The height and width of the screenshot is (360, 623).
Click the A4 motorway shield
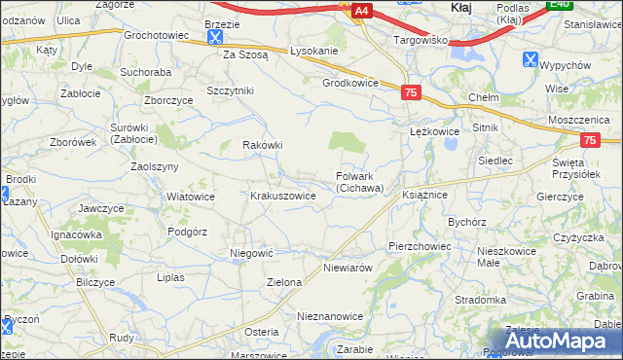(x=361, y=11)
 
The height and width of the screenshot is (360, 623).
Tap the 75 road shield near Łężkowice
(x=411, y=91)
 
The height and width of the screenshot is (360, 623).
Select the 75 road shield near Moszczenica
(x=589, y=140)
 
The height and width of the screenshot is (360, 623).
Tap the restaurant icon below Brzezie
(x=214, y=38)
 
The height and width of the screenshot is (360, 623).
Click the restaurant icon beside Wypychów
(x=530, y=59)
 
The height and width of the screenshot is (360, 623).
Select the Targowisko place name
(x=420, y=41)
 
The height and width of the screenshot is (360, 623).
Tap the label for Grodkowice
(x=349, y=83)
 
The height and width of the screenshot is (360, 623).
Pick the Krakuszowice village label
(x=283, y=196)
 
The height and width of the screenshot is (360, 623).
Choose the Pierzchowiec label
(x=420, y=247)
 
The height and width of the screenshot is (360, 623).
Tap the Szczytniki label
(x=230, y=90)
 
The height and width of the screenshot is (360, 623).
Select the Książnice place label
(x=424, y=196)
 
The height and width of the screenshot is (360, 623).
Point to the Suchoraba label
(x=145, y=72)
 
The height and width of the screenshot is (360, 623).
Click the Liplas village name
(x=169, y=277)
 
